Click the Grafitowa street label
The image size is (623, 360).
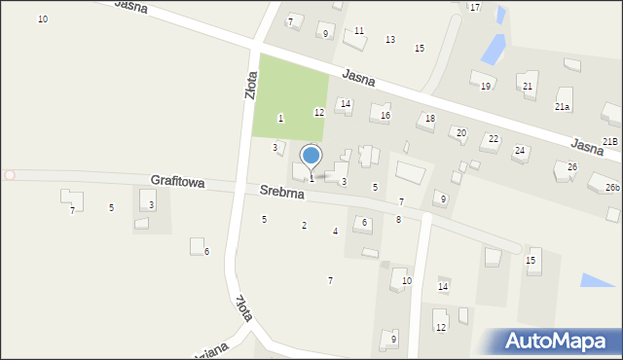click(x=177, y=182)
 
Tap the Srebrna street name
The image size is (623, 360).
click(x=282, y=194)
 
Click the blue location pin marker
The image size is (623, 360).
click(x=311, y=157)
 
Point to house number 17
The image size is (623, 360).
click(x=475, y=8)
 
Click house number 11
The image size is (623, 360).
click(x=359, y=31)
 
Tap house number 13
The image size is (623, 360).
click(x=390, y=40)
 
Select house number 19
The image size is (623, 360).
click(x=486, y=87)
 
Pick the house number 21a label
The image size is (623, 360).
click(x=563, y=106)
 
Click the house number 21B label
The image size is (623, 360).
click(x=609, y=142)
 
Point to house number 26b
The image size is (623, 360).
click(x=611, y=187)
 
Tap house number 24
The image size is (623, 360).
click(x=520, y=151)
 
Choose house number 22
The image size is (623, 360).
click(x=494, y=139)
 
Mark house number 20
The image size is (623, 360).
click(x=461, y=132)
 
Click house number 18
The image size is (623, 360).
click(x=428, y=119)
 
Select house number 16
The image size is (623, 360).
click(x=385, y=116)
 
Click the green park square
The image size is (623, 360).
click(x=288, y=95)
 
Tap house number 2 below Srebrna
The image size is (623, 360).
click(x=304, y=226)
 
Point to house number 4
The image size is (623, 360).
click(x=335, y=232)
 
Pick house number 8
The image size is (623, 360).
click(x=398, y=220)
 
